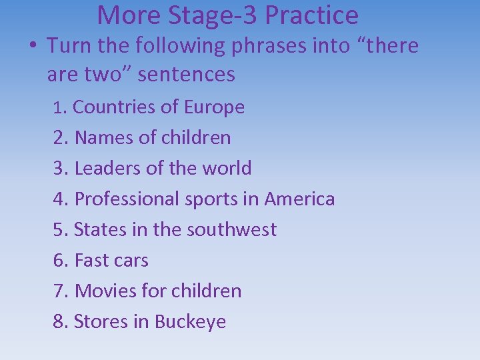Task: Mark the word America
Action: [299, 199]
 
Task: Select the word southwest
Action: [231, 229]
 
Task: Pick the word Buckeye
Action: [190, 321]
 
